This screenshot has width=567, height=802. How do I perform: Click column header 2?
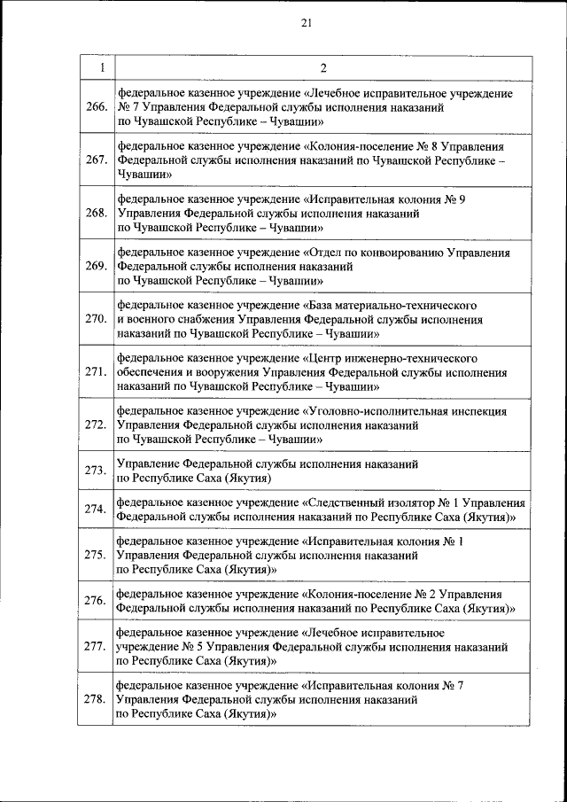[x=322, y=67]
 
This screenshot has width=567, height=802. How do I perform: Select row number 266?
[x=95, y=107]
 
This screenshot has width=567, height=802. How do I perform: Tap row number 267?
[x=95, y=160]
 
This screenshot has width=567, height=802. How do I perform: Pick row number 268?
[x=95, y=213]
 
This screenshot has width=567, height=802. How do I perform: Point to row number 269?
[x=95, y=265]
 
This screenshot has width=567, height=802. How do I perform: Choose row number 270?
[x=95, y=317]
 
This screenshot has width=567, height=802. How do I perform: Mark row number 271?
[x=95, y=371]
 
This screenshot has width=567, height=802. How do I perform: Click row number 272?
[x=95, y=424]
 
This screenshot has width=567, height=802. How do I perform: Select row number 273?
[x=95, y=471]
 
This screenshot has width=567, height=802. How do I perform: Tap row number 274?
[x=95, y=510]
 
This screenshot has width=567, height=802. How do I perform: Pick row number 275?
[x=95, y=555]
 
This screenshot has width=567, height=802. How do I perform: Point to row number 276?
[x=95, y=601]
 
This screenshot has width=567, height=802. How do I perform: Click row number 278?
[x=95, y=699]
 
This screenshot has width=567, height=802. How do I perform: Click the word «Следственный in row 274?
[x=344, y=503]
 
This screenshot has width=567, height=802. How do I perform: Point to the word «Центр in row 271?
[x=324, y=358]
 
